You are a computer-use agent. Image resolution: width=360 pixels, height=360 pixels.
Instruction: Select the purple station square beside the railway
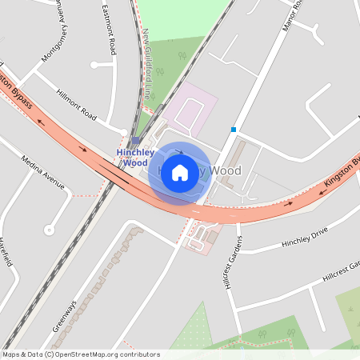tap(135, 139)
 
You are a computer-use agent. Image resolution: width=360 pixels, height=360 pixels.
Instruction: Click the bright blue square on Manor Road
tap(234, 129)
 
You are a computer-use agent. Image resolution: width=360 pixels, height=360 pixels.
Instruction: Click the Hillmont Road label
tap(77, 105)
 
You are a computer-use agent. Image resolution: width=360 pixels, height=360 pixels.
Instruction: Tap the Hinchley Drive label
tap(305, 237)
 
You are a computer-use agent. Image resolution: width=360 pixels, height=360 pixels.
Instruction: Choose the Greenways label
tap(66, 317)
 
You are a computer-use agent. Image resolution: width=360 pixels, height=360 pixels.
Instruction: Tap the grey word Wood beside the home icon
tap(225, 171)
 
